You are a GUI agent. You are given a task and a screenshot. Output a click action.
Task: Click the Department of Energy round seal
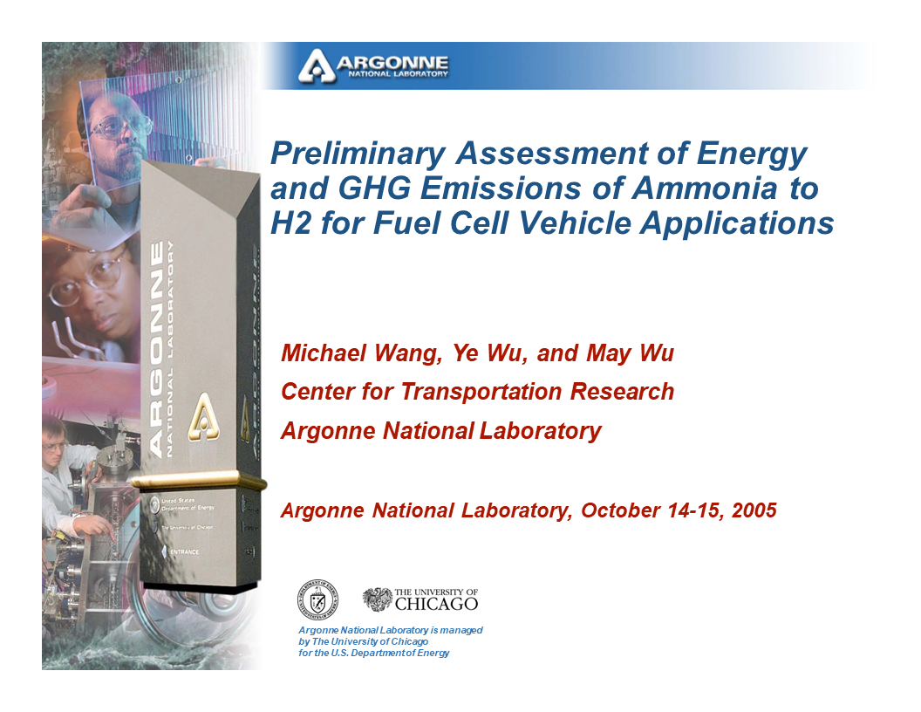coord(317,599)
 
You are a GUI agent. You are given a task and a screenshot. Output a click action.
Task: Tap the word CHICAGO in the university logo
coord(436,604)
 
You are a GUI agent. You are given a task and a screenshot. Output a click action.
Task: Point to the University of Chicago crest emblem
coord(378,599)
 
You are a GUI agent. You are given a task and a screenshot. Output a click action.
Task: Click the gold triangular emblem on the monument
coord(202,412)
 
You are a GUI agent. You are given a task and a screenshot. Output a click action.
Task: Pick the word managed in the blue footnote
coord(461,630)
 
